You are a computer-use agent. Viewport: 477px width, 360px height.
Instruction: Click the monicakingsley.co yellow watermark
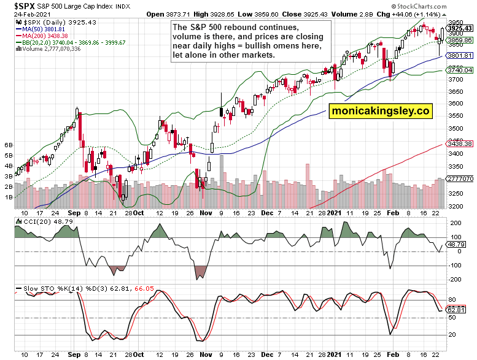(381, 111)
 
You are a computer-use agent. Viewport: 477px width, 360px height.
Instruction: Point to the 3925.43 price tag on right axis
(459, 28)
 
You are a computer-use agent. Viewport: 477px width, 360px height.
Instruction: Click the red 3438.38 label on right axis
(459, 144)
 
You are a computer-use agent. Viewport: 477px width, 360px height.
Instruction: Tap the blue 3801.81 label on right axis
(459, 56)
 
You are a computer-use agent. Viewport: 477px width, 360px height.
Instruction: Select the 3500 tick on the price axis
(456, 129)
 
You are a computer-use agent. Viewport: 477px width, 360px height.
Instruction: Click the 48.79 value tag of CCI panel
(456, 244)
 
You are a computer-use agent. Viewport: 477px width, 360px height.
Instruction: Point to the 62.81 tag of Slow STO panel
(456, 310)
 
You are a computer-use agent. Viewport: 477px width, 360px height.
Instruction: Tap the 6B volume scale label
(9, 145)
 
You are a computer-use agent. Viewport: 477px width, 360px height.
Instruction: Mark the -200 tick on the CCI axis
(456, 279)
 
